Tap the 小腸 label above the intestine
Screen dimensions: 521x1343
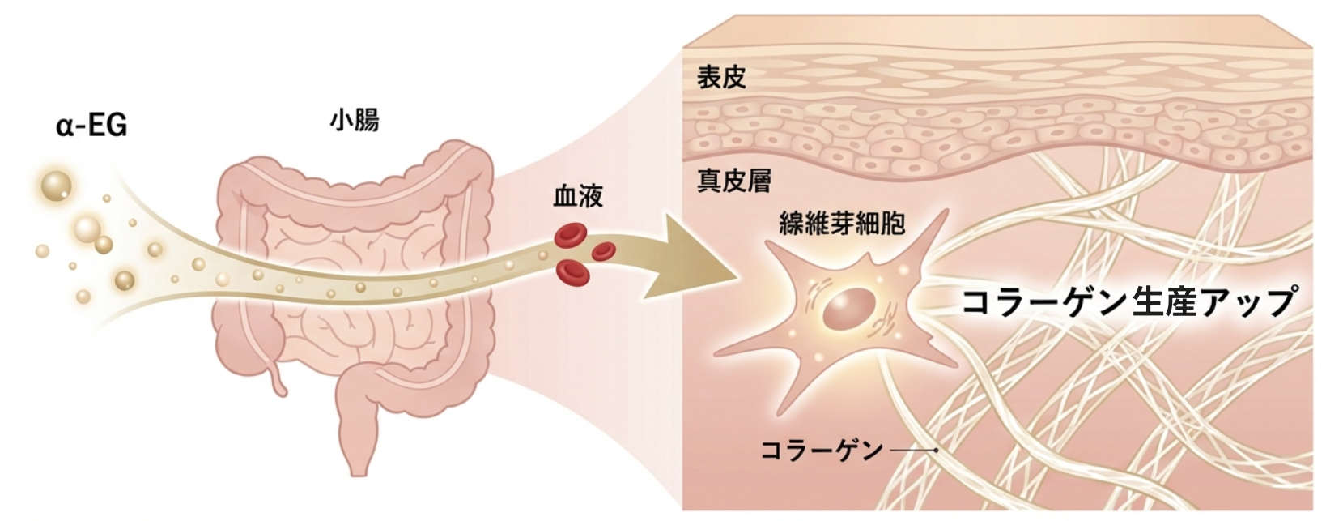(354, 121)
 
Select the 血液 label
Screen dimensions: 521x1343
(577, 197)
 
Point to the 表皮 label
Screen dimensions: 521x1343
(720, 78)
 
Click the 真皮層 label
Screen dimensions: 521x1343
(733, 180)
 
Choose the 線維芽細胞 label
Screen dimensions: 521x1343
(841, 223)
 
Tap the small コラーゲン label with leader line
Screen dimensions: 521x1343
(822, 450)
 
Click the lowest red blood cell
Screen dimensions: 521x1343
(573, 272)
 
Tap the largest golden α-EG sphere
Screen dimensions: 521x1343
(56, 185)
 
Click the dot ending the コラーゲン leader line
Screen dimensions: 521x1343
(936, 450)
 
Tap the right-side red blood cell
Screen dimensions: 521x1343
(604, 250)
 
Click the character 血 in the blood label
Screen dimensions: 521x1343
(565, 197)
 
